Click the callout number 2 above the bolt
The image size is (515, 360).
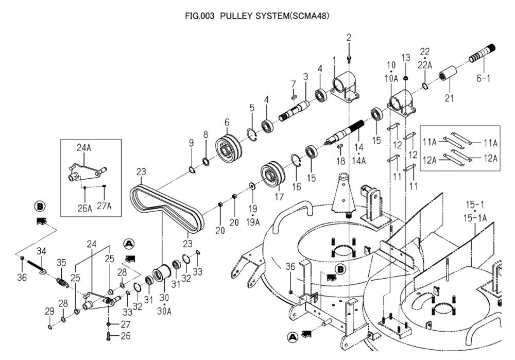(349, 37)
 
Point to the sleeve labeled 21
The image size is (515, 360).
(448, 75)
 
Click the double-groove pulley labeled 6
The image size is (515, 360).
(226, 149)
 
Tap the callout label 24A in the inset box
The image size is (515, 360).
(84, 148)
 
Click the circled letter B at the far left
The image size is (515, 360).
(40, 207)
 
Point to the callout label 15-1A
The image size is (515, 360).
(475, 218)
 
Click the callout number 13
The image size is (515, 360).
(405, 57)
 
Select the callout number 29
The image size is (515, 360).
(49, 311)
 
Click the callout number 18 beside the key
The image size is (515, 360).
(340, 161)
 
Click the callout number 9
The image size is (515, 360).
(191, 143)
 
